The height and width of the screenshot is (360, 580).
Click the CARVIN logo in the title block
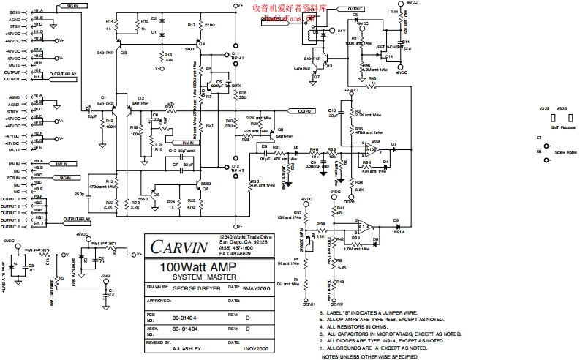click(x=173, y=246)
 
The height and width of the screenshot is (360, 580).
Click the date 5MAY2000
click(x=257, y=288)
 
